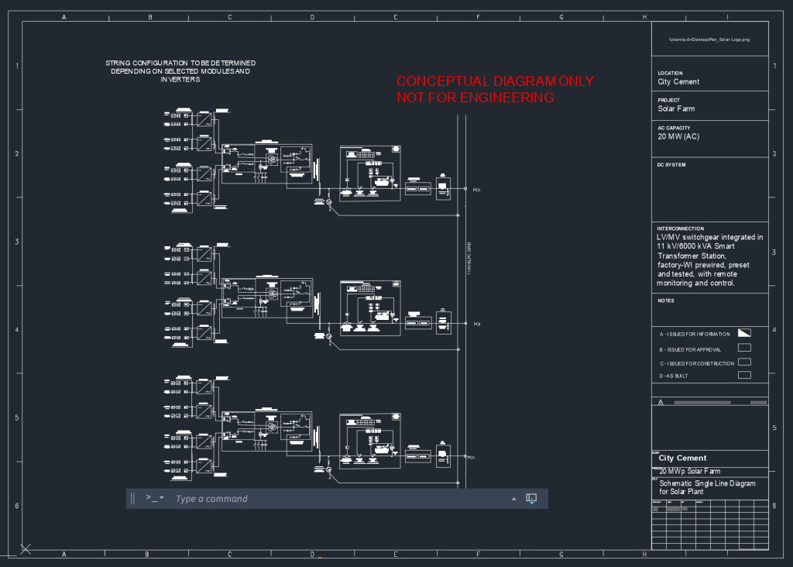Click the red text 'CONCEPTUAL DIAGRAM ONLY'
[x=495, y=81]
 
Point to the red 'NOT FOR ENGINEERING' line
[x=475, y=98]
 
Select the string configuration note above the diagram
[x=180, y=70]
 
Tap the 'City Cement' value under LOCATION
[x=678, y=81]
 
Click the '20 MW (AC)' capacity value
[x=678, y=137]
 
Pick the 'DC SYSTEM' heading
[x=671, y=164]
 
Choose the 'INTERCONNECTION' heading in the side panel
[x=681, y=229]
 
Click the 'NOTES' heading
[x=666, y=301]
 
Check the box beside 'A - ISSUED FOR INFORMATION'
[x=744, y=333]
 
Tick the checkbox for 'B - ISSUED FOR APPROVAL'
[x=744, y=348]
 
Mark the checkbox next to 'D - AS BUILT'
[x=744, y=375]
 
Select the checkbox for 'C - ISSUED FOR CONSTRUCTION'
[x=744, y=362]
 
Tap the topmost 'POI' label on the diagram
[x=477, y=189]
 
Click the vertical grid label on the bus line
[x=469, y=259]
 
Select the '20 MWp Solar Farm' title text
[x=689, y=471]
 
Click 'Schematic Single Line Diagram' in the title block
[x=706, y=483]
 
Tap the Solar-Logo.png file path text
[x=709, y=39]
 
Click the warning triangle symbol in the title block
[x=661, y=403]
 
